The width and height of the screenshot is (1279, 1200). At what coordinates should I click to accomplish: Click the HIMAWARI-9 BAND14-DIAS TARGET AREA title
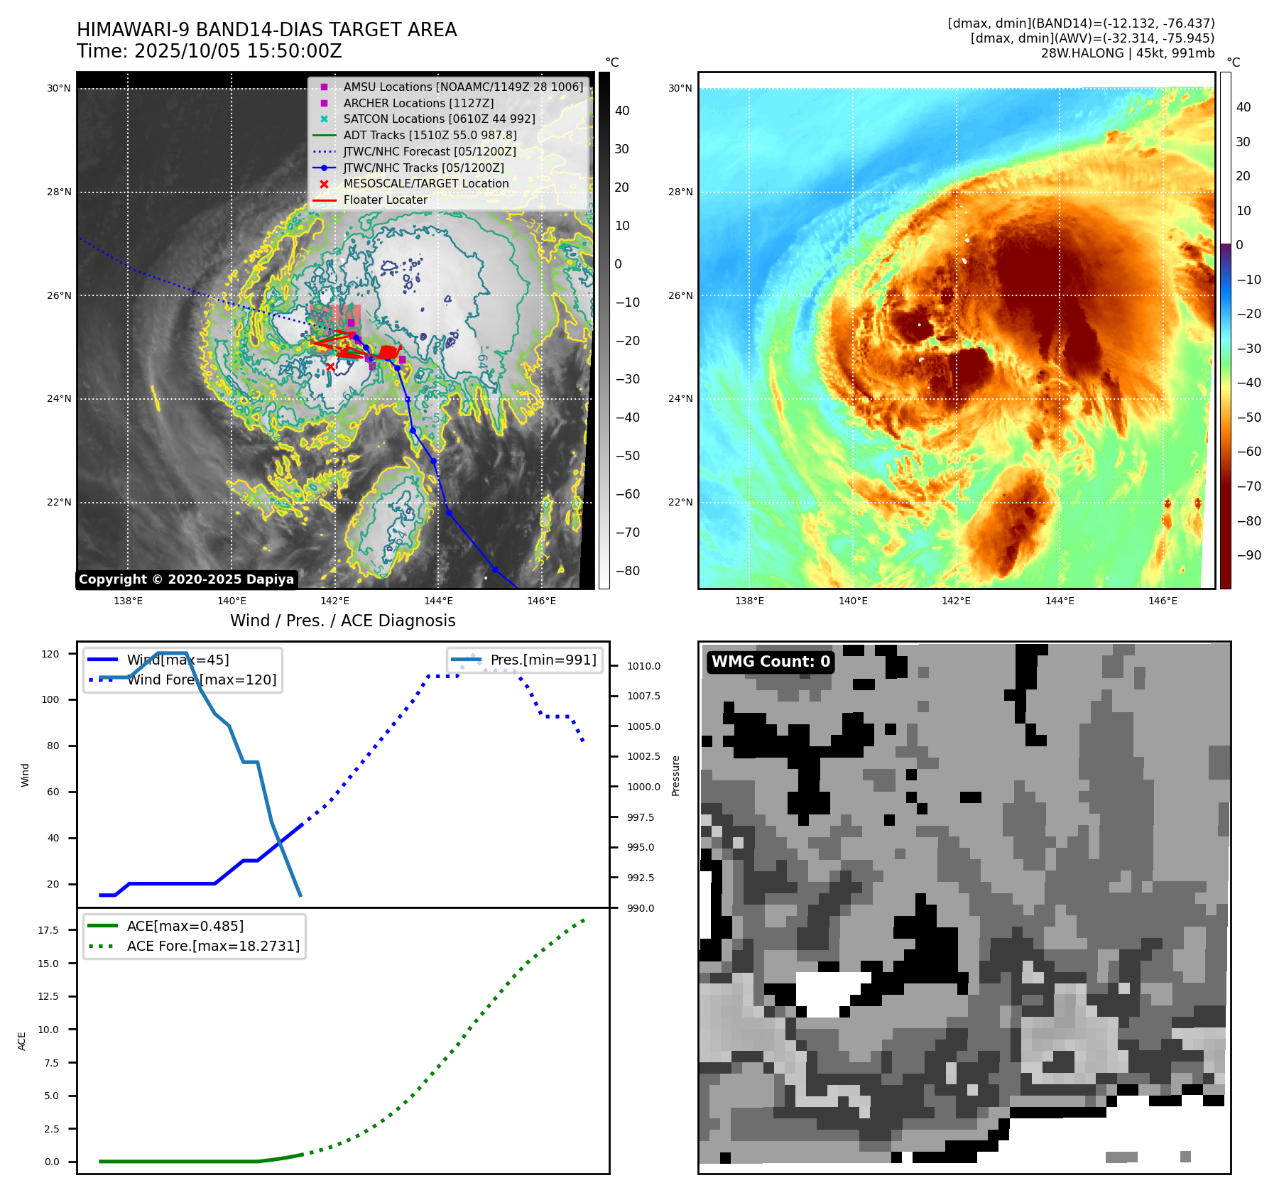[266, 30]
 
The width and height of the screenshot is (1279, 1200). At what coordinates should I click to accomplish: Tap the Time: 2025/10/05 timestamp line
[209, 51]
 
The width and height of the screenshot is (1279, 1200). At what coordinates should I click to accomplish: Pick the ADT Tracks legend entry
[430, 135]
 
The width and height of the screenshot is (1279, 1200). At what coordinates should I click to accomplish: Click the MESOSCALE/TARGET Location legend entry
[425, 183]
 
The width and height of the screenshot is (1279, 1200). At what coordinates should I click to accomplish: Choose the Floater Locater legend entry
[385, 200]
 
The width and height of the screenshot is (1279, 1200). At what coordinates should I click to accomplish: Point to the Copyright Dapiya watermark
[186, 579]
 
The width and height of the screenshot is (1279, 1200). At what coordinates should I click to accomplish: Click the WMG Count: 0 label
[771, 662]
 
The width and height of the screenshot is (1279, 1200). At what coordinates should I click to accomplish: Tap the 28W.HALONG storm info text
[1127, 53]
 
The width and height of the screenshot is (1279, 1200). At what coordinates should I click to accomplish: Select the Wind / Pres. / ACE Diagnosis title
[342, 621]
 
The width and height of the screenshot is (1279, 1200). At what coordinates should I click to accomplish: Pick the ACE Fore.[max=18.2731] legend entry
[212, 946]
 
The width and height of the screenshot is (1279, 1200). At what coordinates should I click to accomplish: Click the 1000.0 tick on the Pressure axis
[643, 787]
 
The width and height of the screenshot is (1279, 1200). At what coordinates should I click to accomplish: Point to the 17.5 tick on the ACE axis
[48, 929]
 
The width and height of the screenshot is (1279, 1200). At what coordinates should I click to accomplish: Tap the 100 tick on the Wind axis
[50, 699]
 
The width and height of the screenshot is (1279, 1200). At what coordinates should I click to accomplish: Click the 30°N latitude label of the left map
[59, 89]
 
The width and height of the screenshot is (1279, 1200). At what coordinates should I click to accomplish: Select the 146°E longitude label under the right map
[1163, 601]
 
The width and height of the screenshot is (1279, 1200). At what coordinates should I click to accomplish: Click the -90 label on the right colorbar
[1248, 555]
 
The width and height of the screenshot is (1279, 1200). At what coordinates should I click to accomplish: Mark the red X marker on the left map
[330, 366]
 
